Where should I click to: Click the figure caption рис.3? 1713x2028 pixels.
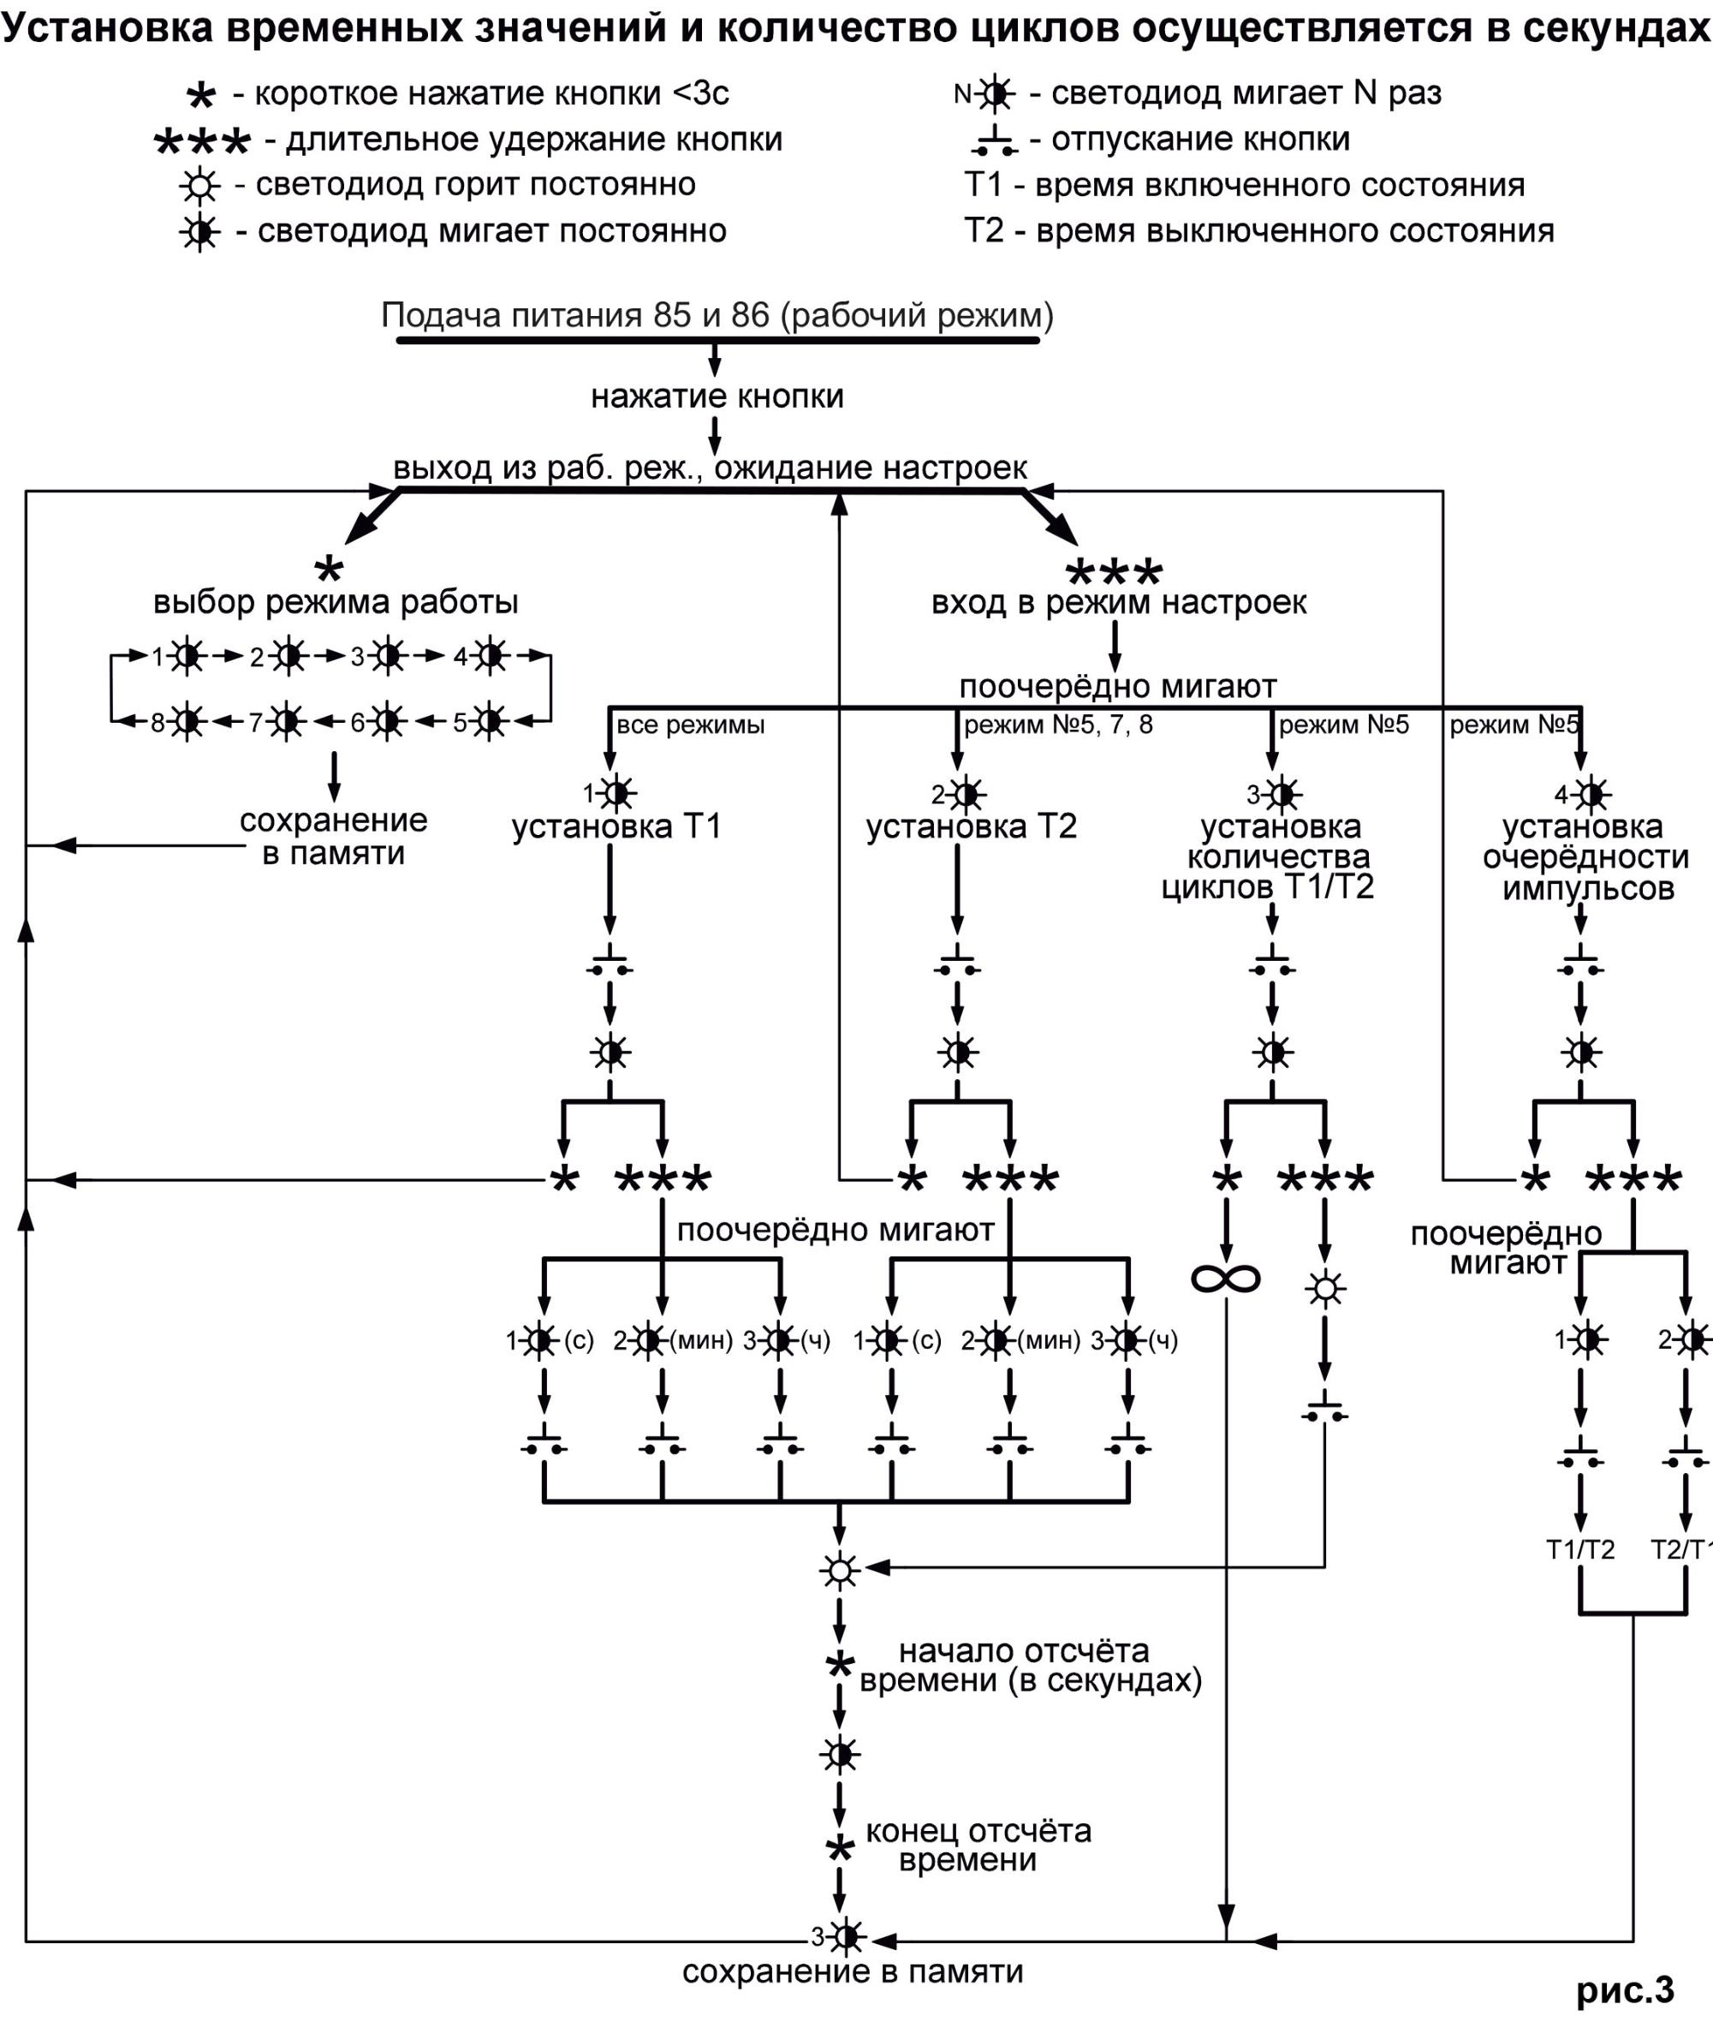click(1625, 1989)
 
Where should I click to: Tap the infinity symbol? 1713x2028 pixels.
click(1226, 1278)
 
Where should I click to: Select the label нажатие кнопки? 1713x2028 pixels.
click(717, 397)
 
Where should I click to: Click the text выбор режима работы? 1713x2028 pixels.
click(335, 602)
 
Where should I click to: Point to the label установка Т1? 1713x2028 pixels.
click(616, 826)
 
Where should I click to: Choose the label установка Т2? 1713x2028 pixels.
click(971, 826)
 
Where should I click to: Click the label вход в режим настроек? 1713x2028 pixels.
click(1119, 602)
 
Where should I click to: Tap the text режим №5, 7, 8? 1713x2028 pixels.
click(1057, 725)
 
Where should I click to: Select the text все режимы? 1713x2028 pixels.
click(691, 725)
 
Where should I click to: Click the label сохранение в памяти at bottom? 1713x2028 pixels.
click(853, 1971)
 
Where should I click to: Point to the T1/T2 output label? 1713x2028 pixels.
click(1580, 1549)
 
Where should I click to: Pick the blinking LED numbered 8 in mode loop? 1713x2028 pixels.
click(187, 722)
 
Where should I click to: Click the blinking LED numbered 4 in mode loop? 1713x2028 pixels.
click(491, 657)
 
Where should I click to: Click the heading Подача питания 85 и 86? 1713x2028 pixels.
click(717, 316)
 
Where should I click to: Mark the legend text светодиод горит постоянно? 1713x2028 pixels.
click(475, 184)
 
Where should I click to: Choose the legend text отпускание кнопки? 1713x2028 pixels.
click(1200, 139)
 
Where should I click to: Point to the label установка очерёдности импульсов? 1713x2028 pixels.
click(1585, 857)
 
